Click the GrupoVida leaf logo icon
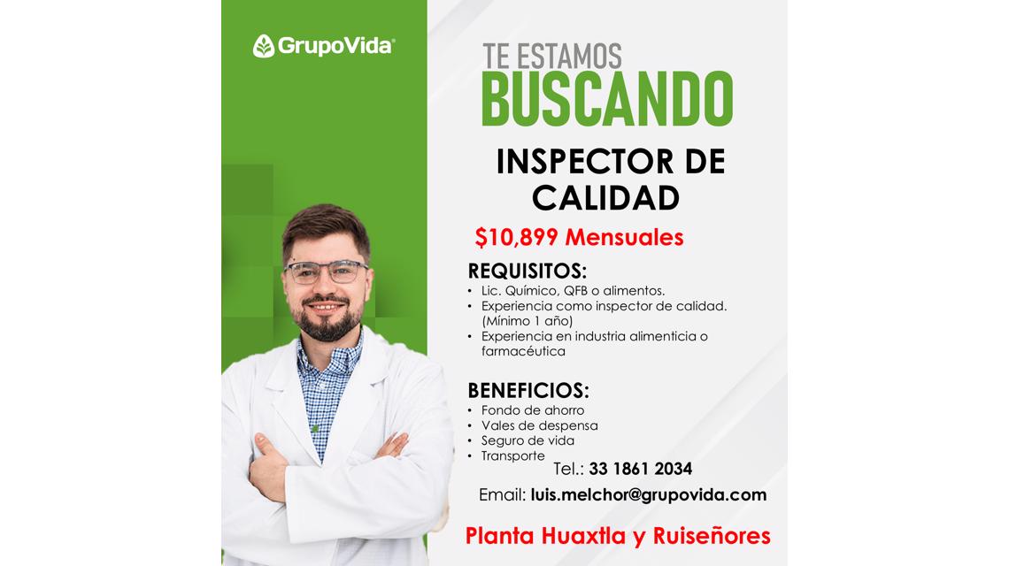(263, 46)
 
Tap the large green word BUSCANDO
(607, 98)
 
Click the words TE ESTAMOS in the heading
(552, 57)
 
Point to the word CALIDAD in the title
(605, 198)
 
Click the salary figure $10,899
(516, 237)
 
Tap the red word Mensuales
(624, 237)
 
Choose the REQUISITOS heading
(527, 271)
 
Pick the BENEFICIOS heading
(528, 390)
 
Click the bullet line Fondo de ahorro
(533, 410)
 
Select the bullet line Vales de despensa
(539, 425)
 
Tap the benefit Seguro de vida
(528, 440)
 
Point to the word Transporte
(512, 456)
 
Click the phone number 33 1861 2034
(640, 469)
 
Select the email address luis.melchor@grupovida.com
(649, 494)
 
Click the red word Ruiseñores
(712, 536)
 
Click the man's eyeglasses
(327, 271)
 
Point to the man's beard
(329, 319)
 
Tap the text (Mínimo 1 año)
(527, 321)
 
